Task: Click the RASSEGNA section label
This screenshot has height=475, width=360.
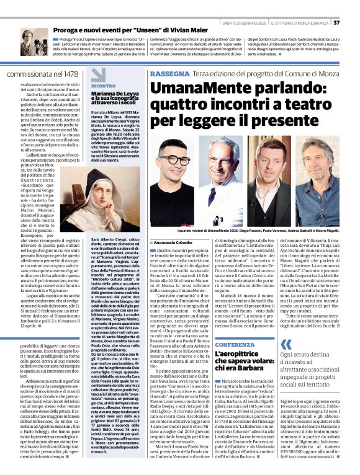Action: tap(171, 74)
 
